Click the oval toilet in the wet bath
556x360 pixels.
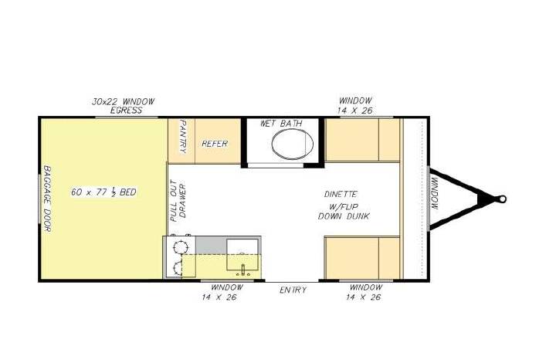(x=292, y=144)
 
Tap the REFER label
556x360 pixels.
(x=215, y=144)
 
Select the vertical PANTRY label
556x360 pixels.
(x=183, y=137)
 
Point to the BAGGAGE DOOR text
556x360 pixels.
(x=47, y=199)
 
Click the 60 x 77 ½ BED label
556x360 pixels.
(x=103, y=192)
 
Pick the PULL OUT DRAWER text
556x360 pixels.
(x=178, y=201)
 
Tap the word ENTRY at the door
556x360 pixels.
(x=293, y=290)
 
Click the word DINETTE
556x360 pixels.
(x=341, y=195)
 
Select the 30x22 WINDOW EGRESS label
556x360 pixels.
(x=124, y=106)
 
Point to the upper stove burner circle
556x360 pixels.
(x=180, y=246)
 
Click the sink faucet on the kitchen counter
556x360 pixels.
(x=243, y=270)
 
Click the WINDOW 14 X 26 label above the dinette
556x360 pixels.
(x=355, y=105)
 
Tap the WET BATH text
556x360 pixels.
(x=281, y=124)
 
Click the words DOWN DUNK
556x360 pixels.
(x=344, y=216)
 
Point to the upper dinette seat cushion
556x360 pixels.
(x=362, y=140)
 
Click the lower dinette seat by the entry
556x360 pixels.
(x=362, y=258)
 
